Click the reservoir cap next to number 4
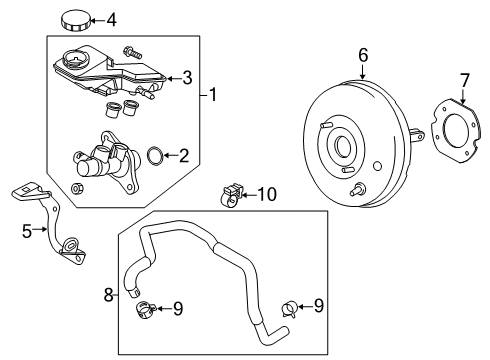(75, 21)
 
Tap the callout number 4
(111, 21)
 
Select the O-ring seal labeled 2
(155, 156)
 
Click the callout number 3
(187, 78)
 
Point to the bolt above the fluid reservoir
(132, 52)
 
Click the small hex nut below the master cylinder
(77, 188)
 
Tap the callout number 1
(213, 95)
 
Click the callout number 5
(27, 231)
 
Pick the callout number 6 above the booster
(363, 55)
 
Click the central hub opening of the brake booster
(343, 145)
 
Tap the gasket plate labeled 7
(457, 130)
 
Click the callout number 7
(465, 81)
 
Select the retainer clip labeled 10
(231, 194)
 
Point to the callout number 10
(267, 194)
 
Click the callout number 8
(109, 295)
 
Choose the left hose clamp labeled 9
(145, 309)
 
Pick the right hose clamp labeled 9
(289, 308)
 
